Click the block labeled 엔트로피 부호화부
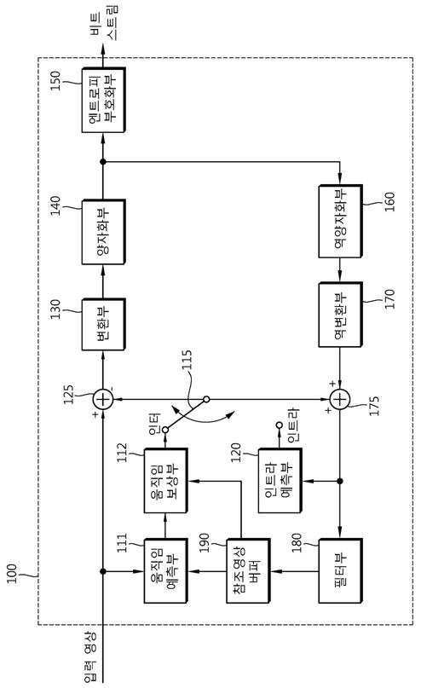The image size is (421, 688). click(x=103, y=100)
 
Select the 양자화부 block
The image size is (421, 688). click(x=103, y=232)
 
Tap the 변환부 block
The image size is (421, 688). click(x=103, y=324)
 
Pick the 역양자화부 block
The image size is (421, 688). click(x=340, y=222)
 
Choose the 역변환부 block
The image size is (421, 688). click(x=340, y=315)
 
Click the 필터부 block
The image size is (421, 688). click(x=340, y=570)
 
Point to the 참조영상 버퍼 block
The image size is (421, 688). click(x=248, y=570)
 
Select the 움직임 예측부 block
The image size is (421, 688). click(x=166, y=570)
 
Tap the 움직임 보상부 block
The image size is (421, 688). click(x=166, y=481)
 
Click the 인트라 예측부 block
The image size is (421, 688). click(x=280, y=481)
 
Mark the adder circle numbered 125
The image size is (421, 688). click(x=103, y=399)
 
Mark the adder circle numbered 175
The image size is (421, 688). click(x=340, y=399)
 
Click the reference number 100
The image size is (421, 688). click(x=12, y=574)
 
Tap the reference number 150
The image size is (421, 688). click(x=56, y=80)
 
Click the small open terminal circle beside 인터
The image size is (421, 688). click(x=164, y=430)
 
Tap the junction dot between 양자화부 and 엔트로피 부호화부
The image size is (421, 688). click(x=103, y=162)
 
